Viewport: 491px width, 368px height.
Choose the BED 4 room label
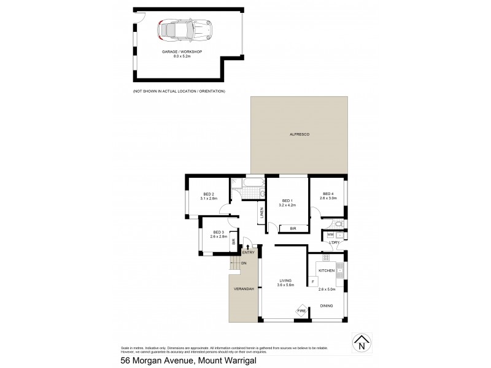click(328, 194)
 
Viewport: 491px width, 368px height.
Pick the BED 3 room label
click(218, 232)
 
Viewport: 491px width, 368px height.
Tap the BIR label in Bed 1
click(292, 228)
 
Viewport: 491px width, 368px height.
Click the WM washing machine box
click(330, 234)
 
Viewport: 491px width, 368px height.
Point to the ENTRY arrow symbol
click(247, 246)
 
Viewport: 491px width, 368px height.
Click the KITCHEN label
click(325, 270)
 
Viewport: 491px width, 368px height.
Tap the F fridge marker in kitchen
click(313, 282)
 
